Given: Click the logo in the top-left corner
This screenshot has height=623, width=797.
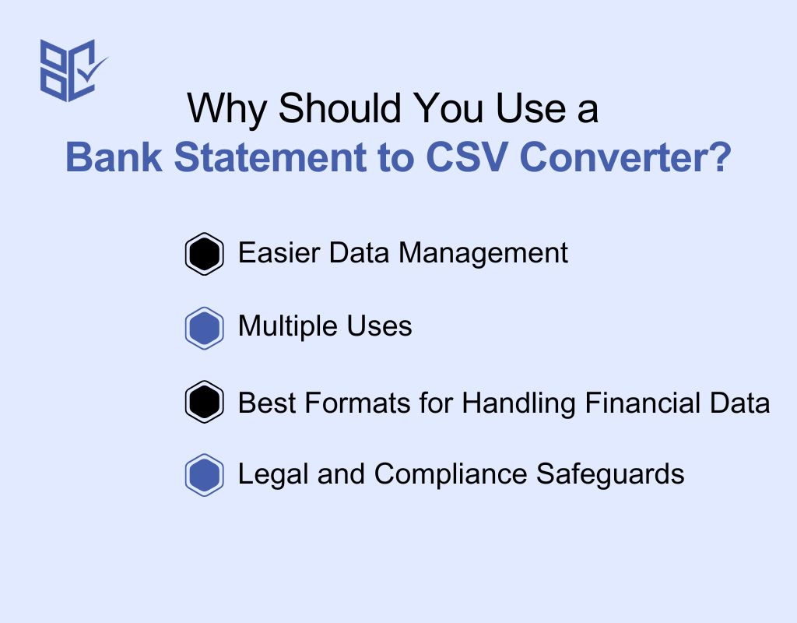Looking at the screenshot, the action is pos(74,71).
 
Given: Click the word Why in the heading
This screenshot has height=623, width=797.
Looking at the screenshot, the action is pos(226,109).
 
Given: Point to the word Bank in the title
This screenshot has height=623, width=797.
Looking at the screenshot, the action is pos(114,157).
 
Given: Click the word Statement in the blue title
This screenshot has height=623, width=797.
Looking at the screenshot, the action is pos(270,157).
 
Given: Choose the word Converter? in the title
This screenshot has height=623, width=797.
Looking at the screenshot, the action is pos(625,157).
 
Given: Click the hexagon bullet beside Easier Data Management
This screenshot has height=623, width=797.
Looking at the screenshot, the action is pos(205,254).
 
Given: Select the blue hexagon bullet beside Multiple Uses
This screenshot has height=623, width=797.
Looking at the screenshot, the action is pos(205,328).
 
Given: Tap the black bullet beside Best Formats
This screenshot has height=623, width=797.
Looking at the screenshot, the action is pos(205,402).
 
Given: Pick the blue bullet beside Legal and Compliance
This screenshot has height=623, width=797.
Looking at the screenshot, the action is pos(205,475).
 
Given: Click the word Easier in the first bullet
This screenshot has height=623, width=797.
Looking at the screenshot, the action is pos(279,252).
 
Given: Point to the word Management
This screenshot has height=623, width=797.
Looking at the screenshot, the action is pos(483,253).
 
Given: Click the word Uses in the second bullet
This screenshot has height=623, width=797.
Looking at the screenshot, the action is pos(379,326).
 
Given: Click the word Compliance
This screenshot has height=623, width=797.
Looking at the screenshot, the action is pos(451,475).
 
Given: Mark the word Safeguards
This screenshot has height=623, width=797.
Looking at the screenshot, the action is pos(610,475).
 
